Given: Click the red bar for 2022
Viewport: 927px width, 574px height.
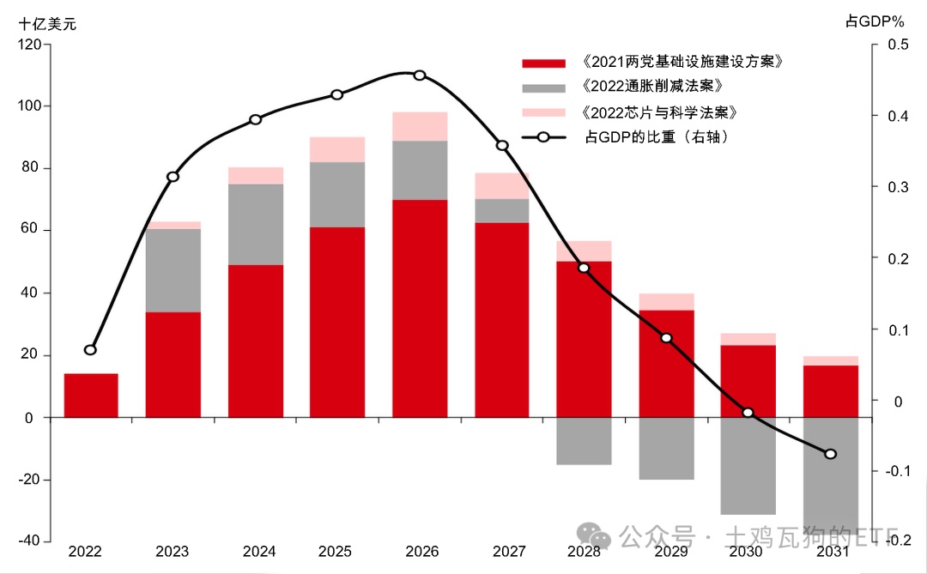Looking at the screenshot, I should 91,396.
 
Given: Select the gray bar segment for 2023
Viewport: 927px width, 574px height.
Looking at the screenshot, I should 173,270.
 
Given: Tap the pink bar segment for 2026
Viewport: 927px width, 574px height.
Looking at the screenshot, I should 420,126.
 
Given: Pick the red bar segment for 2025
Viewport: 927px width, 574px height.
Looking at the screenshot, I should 337,322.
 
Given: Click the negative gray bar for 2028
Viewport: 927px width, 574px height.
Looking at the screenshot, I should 584,441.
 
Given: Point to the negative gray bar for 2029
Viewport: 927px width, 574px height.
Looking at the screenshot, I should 666,449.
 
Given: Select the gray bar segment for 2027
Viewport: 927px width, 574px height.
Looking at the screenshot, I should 501,211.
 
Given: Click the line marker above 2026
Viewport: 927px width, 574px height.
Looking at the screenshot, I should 420,76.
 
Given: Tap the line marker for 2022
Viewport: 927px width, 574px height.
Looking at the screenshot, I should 91,350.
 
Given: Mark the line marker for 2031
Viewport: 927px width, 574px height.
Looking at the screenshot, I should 830,454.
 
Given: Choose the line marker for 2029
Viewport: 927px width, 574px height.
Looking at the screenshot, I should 666,337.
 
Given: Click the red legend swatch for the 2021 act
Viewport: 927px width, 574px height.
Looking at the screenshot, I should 543,63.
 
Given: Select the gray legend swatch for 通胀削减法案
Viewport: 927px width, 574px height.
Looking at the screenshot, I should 543,88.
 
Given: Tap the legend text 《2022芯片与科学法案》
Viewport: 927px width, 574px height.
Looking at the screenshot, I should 658,112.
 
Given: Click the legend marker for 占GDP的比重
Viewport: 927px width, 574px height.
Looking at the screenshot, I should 543,137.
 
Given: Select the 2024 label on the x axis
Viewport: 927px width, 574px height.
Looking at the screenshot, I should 255,552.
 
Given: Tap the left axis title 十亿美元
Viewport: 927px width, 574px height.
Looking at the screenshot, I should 48,24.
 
